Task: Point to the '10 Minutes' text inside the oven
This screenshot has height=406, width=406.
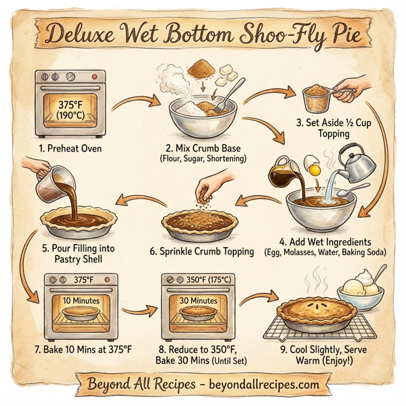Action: coord(81,300)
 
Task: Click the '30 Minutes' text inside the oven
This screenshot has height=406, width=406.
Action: coord(198,300)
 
